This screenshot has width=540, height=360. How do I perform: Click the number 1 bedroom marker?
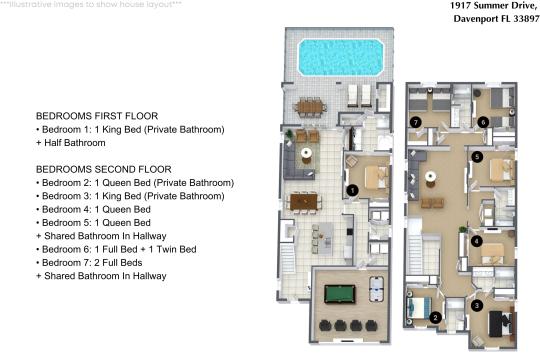[x=352, y=189]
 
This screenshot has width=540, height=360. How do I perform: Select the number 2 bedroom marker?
[x=435, y=318]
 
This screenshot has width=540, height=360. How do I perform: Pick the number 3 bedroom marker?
[x=477, y=305]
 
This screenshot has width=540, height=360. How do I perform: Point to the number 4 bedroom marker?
[x=476, y=241]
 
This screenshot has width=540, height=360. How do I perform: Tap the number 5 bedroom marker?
[x=477, y=157]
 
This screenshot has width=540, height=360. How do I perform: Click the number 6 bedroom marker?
[x=482, y=122]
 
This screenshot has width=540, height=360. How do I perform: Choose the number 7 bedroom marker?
[x=415, y=122]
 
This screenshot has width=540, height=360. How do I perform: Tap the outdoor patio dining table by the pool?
[x=310, y=104]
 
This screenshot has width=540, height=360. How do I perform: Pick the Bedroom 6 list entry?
[x=117, y=249]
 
